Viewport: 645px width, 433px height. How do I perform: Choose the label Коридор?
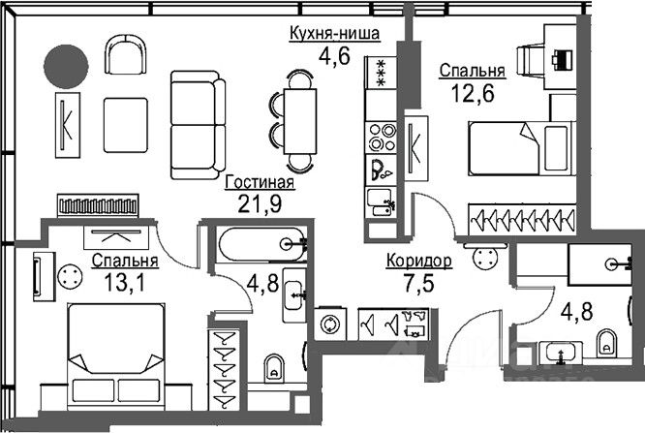(x=418, y=262)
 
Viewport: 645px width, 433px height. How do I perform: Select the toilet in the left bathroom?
(x=273, y=367)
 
